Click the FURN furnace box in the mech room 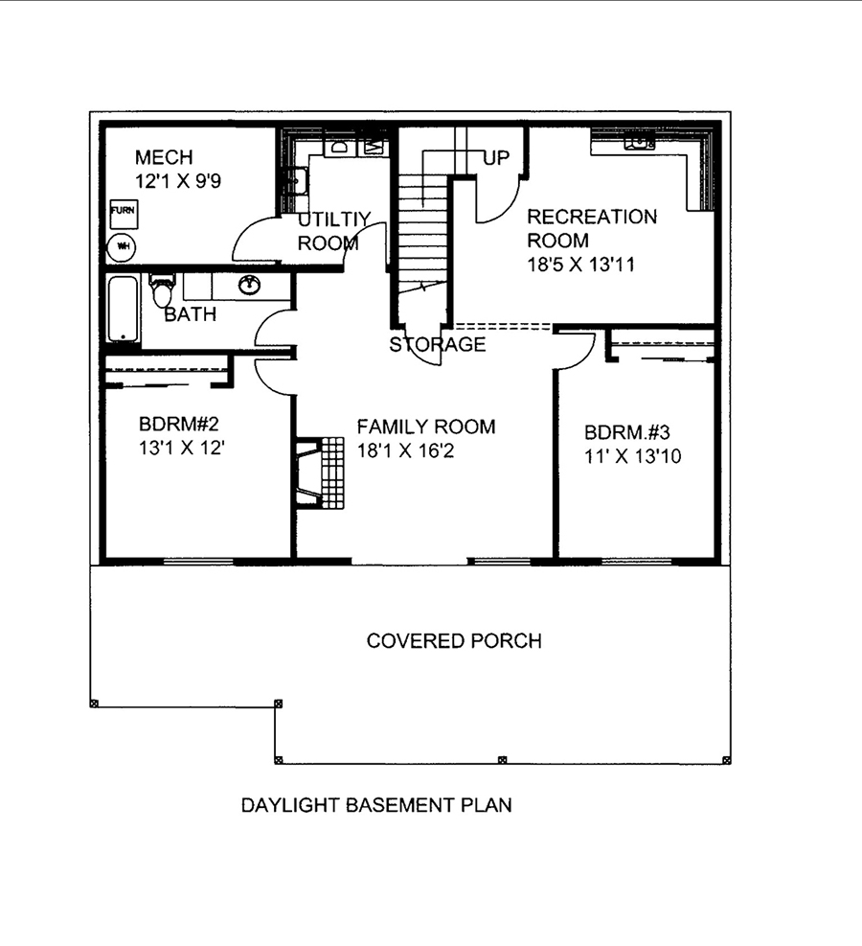coord(123,211)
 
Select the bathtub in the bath coord(123,309)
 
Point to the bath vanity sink coord(250,284)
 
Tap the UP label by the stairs coord(496,158)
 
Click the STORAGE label coord(437,344)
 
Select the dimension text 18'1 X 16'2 coord(404,450)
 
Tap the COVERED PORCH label coord(454,640)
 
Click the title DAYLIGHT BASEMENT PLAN coord(375,805)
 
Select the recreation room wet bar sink coord(639,144)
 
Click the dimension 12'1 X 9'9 coord(178,181)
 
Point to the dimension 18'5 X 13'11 coord(581,265)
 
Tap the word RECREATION coord(592,217)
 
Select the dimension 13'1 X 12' coord(182,447)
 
